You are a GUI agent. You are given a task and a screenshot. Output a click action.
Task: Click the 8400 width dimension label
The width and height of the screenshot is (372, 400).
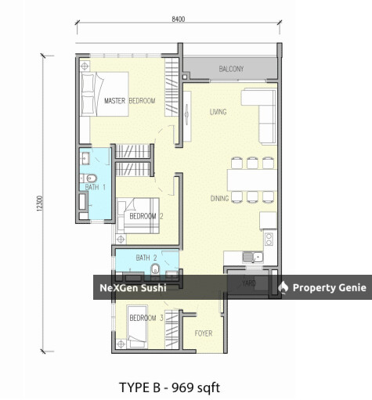coord(179,19)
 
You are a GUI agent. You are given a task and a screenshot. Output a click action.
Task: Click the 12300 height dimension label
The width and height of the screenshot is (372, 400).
coord(39,203)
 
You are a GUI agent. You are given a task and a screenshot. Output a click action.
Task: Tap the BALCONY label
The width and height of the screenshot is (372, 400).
coord(231,69)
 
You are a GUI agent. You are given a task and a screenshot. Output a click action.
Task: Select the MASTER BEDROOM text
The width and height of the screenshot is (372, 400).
coord(130,101)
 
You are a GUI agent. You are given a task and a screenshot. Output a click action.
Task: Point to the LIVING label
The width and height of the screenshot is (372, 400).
coord(218,112)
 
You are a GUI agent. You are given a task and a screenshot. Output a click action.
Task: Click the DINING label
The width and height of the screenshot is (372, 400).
coord(219,199)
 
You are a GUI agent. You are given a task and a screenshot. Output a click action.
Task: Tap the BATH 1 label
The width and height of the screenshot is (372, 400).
coord(96,187)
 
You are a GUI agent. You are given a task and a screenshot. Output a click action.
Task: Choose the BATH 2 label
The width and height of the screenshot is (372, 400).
coord(146,258)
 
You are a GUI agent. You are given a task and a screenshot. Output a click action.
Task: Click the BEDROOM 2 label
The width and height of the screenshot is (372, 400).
coord(146,216)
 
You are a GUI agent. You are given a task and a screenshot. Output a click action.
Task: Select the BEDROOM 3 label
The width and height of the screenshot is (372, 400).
coord(146,318)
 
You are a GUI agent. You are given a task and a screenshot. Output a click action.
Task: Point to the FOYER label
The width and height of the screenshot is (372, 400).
coord(204,333)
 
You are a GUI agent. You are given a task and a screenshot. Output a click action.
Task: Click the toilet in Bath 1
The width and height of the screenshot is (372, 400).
coord(88,178)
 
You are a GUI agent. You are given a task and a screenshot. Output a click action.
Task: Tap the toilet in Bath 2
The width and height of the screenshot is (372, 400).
coord(156,269)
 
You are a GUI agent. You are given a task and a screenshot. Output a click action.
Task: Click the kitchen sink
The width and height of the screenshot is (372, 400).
coord(253,258)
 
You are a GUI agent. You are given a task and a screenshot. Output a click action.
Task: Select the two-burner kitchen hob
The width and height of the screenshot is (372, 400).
coord(269,240)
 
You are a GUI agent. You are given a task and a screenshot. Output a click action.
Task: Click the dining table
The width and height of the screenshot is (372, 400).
coord(252,180)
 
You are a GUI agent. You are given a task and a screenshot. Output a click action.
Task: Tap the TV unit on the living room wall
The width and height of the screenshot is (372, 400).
coord(187,116)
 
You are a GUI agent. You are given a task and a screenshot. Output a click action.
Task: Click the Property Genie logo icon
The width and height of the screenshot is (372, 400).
coord(283,287)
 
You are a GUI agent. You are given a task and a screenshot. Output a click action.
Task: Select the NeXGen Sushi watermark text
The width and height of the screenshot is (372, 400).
coord(133,288)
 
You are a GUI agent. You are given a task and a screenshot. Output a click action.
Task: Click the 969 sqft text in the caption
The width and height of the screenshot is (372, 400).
coord(196,387)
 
